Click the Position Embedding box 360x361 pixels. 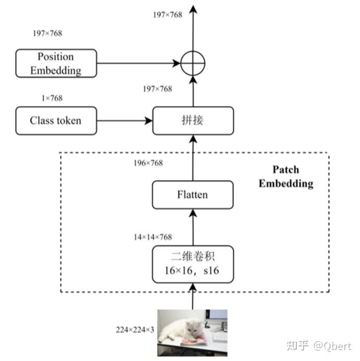(56, 63)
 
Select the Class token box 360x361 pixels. (56, 121)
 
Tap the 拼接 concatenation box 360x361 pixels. (193, 121)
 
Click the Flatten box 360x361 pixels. (193, 195)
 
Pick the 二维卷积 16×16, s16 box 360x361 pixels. (193, 264)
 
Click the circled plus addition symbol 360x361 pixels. (193, 63)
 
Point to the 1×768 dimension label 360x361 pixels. (52, 98)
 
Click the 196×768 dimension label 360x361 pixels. (148, 163)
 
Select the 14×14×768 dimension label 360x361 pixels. (153, 237)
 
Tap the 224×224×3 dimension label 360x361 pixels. (135, 330)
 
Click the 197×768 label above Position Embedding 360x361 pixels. (47, 33)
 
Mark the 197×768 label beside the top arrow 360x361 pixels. (167, 15)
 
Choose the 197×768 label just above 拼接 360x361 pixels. (158, 89)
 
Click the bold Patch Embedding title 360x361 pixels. (286, 177)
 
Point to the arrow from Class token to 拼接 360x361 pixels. (125, 121)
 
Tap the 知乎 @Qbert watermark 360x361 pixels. (319, 346)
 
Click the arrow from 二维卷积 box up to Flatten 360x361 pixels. (193, 227)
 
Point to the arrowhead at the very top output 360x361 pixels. (193, 9)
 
